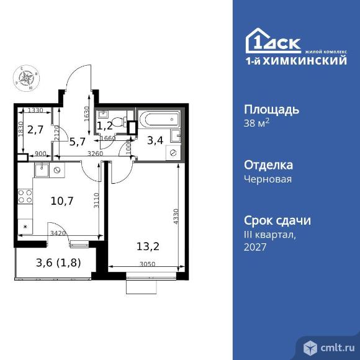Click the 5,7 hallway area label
[77, 142]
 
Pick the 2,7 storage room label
[36, 130]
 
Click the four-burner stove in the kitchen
[25, 197]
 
